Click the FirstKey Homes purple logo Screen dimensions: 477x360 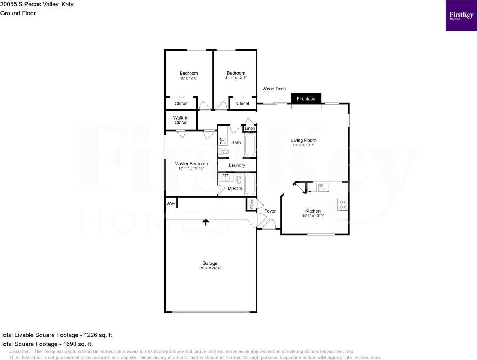coord(461,16)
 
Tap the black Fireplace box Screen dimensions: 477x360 coord(306,98)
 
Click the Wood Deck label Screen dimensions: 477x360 coord(274,88)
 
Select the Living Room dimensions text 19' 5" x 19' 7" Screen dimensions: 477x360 coord(304,145)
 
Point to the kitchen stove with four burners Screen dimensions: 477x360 coord(343,204)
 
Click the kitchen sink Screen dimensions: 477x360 coord(324,187)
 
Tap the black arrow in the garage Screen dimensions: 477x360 coord(206,222)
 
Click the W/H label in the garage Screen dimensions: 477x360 coord(171,204)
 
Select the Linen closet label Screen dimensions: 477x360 coord(250,128)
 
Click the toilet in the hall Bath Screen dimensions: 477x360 coord(224,151)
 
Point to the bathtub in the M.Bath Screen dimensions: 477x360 coord(250,184)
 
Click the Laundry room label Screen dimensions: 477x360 coord(237,165)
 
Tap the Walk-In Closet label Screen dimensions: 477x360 coord(181,120)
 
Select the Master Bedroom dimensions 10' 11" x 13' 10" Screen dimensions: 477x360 coord(191,168)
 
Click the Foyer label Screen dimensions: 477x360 coord(270,211)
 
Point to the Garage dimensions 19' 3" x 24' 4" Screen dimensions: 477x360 coord(210,268)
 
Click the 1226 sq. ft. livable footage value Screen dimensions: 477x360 coord(99,335)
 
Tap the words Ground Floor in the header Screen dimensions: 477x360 coord(18,13)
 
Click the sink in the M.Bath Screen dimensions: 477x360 coord(226,177)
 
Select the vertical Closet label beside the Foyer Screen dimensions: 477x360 coord(251,204)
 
